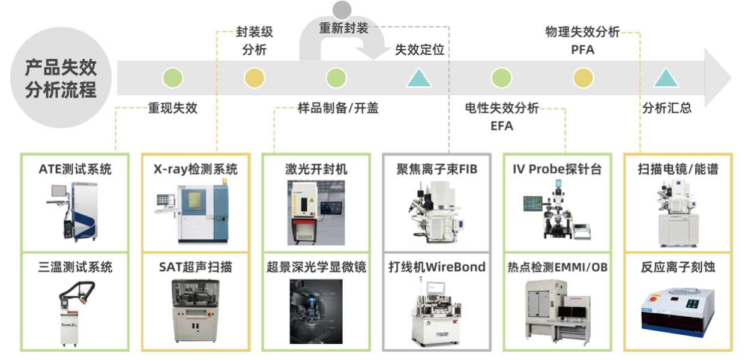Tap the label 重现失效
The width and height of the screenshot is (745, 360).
click(x=173, y=109)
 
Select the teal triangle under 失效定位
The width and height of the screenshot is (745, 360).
click(x=419, y=78)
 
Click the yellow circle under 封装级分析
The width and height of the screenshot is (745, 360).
click(x=255, y=78)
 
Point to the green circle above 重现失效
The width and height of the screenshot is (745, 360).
click(x=173, y=78)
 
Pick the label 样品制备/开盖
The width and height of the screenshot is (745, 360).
click(x=338, y=109)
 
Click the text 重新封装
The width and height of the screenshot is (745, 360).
click(x=343, y=28)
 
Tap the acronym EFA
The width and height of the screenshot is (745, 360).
click(x=502, y=126)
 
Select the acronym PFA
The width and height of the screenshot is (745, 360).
click(x=582, y=50)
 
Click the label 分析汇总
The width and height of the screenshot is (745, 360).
click(x=666, y=109)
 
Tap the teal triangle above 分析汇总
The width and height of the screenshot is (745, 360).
click(x=665, y=78)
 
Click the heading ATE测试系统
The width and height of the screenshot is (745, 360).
click(x=75, y=169)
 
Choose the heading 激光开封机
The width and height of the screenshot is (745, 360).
click(x=316, y=169)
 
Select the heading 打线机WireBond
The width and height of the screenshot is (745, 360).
click(x=436, y=267)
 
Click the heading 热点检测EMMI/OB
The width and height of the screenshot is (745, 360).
click(x=557, y=267)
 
